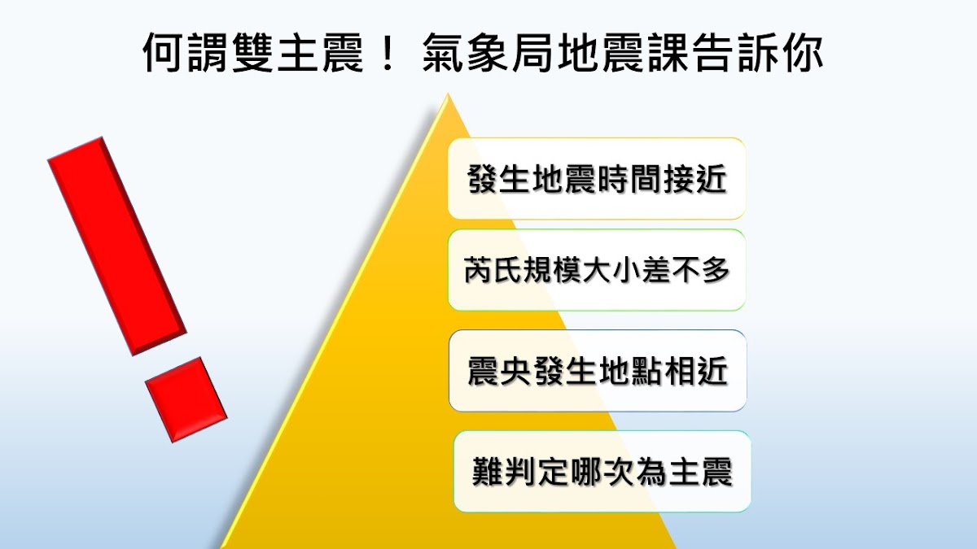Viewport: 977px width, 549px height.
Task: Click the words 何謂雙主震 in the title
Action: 253,53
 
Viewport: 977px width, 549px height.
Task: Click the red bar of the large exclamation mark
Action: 117,246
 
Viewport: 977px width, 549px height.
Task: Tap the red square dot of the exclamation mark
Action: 186,399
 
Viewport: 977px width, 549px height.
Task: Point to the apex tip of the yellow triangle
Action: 447,94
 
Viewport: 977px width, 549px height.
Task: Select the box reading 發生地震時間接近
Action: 597,179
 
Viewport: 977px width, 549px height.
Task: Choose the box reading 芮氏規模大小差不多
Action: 597,270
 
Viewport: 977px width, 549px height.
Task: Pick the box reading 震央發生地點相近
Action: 598,371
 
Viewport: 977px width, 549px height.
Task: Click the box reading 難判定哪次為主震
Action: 602,472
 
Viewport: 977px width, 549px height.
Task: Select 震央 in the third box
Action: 499,371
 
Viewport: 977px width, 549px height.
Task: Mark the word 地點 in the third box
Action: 630,371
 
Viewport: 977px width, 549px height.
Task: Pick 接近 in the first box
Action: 695,179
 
